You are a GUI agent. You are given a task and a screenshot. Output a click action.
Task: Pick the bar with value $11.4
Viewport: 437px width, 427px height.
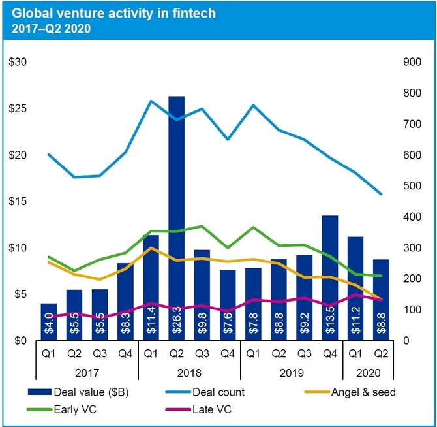coord(151,287)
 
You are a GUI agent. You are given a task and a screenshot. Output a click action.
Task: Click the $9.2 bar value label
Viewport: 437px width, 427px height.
coord(305,323)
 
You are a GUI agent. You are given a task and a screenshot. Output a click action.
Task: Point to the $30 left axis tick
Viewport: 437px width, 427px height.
coord(17,62)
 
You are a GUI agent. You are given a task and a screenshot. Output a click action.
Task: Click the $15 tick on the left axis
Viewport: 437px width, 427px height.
coord(17,202)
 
